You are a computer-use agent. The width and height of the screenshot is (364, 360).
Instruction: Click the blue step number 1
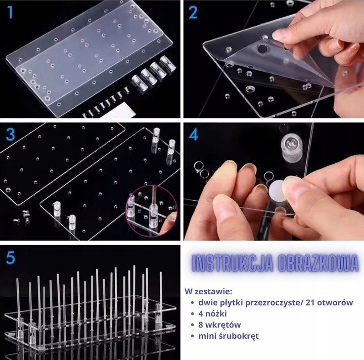[x=10, y=12]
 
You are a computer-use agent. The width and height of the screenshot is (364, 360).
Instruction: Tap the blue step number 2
[x=193, y=12]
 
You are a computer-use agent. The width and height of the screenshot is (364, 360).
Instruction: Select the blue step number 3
[x=11, y=134]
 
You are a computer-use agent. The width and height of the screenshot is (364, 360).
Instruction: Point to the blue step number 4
[x=193, y=134]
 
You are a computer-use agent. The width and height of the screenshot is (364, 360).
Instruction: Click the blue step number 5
[x=11, y=257]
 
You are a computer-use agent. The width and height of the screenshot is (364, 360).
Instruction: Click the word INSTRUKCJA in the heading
[x=233, y=263]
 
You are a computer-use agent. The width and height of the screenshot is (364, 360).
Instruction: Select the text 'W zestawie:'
[x=208, y=291]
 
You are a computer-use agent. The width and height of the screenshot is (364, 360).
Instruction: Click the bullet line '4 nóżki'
[x=212, y=313]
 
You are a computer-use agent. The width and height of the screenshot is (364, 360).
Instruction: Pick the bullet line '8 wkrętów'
[x=219, y=325]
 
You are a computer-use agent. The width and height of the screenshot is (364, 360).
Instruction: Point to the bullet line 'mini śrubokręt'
[x=229, y=336]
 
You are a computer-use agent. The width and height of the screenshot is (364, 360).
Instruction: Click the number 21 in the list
[x=310, y=302]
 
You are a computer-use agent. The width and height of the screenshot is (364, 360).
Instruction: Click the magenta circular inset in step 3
[x=151, y=211]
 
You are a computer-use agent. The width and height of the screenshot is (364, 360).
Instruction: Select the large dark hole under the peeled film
[x=262, y=49]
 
